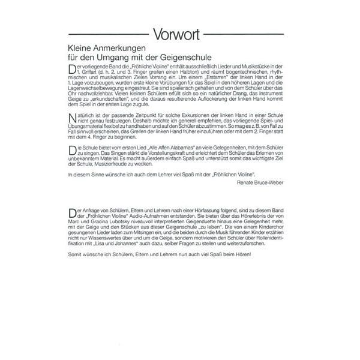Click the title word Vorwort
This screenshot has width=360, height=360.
179,33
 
